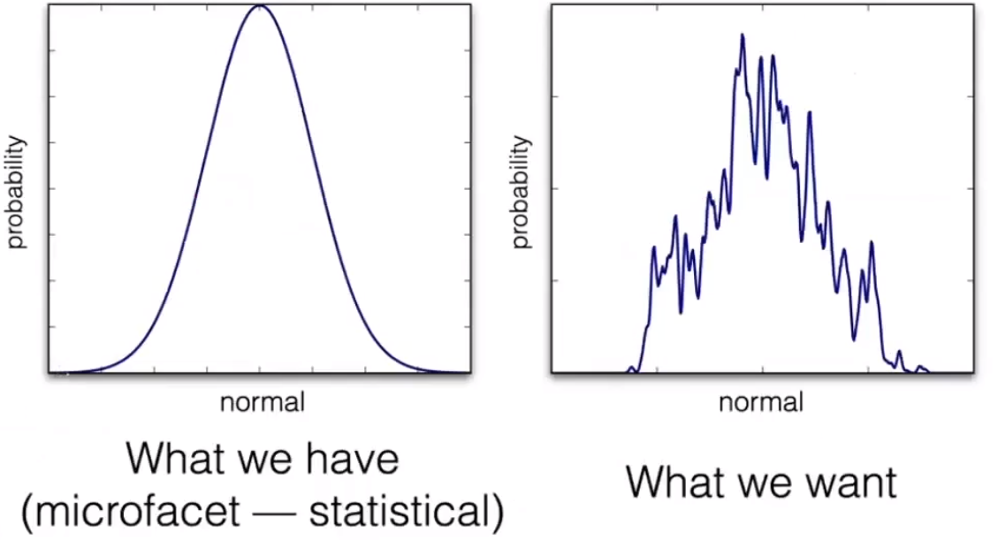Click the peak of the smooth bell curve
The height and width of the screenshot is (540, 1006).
(259, 7)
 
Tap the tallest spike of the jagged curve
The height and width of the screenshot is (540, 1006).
(743, 36)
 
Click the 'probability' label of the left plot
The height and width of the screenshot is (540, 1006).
(18, 193)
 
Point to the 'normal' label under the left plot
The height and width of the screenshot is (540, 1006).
(262, 403)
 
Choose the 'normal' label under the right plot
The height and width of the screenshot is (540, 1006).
(761, 403)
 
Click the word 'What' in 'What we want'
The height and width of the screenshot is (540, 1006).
(674, 482)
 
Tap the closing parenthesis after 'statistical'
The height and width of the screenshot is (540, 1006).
(499, 511)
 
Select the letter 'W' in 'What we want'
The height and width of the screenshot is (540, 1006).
(646, 482)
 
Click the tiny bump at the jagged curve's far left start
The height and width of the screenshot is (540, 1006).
(631, 368)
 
